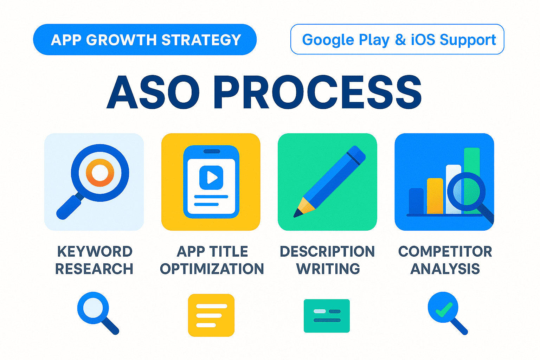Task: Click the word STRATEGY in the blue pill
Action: [201, 40]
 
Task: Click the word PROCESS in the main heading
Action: [318, 92]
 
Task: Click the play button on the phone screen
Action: [211, 178]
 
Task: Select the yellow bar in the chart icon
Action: [435, 196]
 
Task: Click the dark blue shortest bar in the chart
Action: [416, 201]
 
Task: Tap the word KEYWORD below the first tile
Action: [95, 251]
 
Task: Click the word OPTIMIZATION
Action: [212, 269]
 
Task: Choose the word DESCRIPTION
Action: [327, 251]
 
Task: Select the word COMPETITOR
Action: [445, 251]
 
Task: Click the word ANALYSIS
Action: [445, 269]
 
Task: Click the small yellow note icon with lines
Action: [211, 315]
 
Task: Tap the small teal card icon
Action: [327, 316]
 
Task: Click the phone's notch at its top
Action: [212, 152]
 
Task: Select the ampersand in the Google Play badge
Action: [400, 39]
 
